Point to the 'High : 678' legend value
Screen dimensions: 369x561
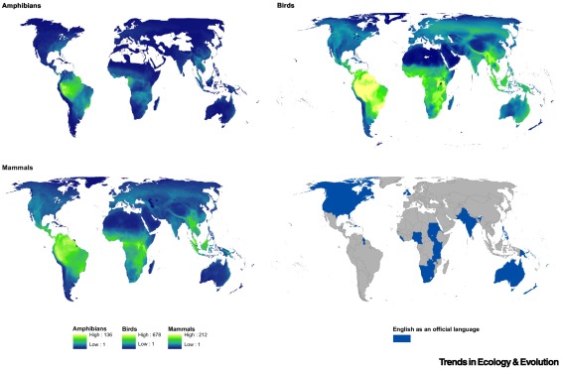click(x=149, y=333)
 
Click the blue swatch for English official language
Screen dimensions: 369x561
click(x=402, y=338)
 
